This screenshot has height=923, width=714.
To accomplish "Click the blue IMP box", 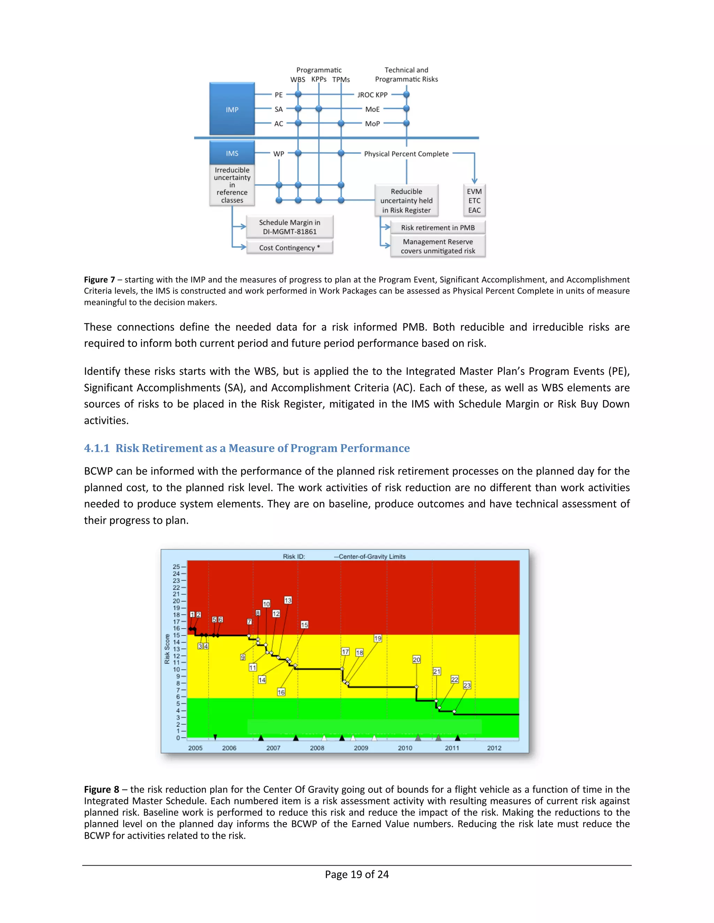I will [x=232, y=109].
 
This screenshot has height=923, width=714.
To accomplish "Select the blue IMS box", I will [x=232, y=153].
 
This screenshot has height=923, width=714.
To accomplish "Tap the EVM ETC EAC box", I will [x=474, y=201].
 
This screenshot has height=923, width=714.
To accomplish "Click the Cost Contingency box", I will [x=290, y=248].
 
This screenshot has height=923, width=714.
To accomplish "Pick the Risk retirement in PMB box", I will [x=438, y=228].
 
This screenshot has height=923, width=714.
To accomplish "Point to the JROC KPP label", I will [x=372, y=95].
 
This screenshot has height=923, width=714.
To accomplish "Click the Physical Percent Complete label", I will [x=406, y=154].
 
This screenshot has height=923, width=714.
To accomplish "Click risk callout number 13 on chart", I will [x=288, y=600].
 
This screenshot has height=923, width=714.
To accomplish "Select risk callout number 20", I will [x=417, y=660].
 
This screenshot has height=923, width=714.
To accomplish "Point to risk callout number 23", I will [x=467, y=685].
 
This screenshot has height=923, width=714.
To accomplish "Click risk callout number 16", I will [x=281, y=692].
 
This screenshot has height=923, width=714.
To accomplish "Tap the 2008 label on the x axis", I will [x=317, y=748].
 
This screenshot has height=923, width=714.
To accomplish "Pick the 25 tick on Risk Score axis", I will [x=176, y=567].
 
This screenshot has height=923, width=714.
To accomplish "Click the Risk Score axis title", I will [x=167, y=649].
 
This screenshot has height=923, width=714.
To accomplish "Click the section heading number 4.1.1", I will [x=97, y=448].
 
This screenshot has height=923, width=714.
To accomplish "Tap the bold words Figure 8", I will [x=101, y=790].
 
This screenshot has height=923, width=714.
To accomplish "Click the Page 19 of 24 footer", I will [x=357, y=874].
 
